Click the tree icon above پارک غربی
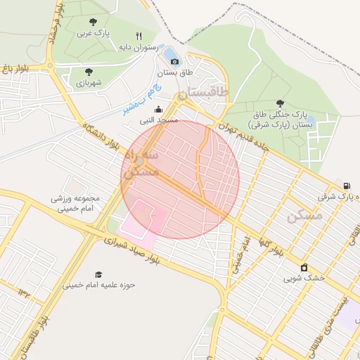[94, 22]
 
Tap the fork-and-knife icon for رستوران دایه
[139, 36]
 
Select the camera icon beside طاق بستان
[174, 62]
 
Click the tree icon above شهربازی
[89, 72]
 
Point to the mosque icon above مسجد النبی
[158, 109]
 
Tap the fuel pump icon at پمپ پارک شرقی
[345, 186]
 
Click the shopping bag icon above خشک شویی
[304, 267]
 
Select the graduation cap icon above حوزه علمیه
[98, 274]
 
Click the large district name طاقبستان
[203, 92]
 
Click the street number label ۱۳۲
[26, 292]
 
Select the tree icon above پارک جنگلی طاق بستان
[281, 103]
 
